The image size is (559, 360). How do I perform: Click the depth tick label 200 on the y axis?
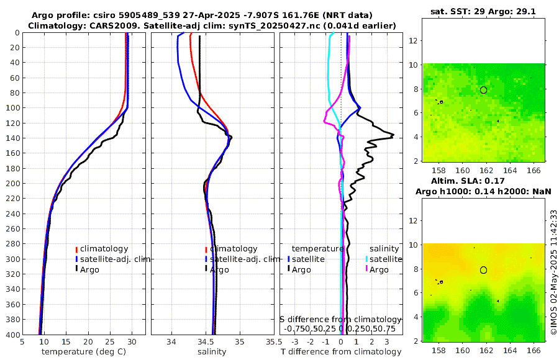click(11, 184)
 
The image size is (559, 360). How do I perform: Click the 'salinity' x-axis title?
click(212, 352)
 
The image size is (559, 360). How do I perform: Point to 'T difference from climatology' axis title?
click(341, 352)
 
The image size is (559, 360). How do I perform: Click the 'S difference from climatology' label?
click(341, 319)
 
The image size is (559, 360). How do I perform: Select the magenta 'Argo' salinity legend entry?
click(379, 270)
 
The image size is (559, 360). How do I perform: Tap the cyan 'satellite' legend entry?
click(386, 259)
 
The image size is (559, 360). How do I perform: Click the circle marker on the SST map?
click(483, 90)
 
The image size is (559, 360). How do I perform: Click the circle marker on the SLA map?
click(483, 270)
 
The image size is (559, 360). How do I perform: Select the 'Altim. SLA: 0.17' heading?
click(483, 182)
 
